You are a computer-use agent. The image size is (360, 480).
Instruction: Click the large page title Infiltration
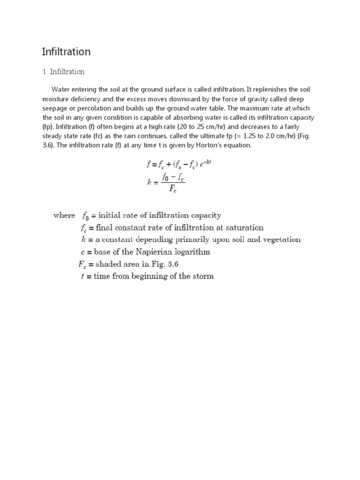click(66, 52)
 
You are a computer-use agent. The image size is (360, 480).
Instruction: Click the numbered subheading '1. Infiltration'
click(63, 72)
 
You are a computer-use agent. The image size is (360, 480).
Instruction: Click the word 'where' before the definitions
click(64, 215)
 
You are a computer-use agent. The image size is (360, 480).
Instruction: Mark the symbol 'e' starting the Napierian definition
click(83, 252)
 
